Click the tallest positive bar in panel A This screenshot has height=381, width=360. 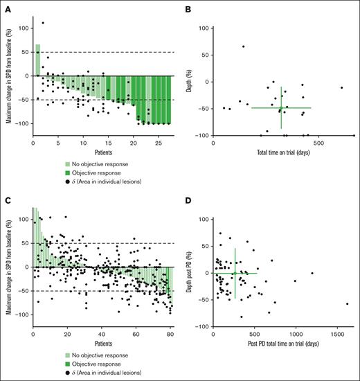(37, 60)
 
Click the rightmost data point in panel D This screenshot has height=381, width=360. (347, 304)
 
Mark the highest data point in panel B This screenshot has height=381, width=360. (243, 46)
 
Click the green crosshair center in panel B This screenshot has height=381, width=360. (281, 108)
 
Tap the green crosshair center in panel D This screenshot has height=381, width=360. (235, 273)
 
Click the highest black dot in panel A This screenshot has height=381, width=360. (43, 23)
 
